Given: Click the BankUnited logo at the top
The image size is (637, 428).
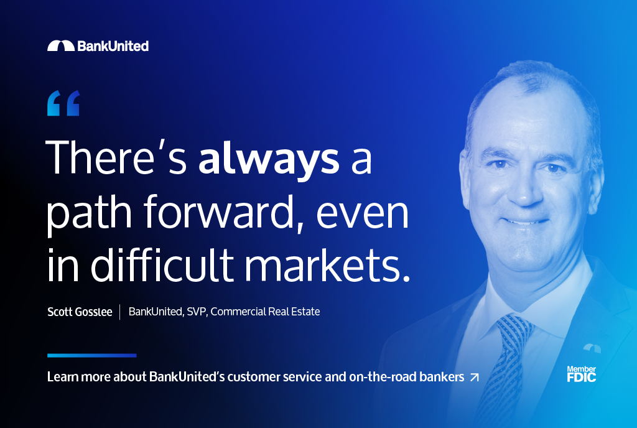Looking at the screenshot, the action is click(x=98, y=46).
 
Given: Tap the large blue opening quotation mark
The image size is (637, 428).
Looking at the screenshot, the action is click(x=63, y=103).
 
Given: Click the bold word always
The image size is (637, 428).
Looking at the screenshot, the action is click(x=269, y=160).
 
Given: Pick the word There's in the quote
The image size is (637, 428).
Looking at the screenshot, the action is click(x=116, y=157).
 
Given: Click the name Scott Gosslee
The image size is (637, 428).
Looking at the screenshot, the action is click(x=80, y=312).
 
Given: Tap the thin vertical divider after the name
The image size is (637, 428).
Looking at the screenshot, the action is click(x=120, y=312).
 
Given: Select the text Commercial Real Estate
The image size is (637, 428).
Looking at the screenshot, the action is click(x=265, y=312).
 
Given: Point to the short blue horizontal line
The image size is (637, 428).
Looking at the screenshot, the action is click(x=92, y=355).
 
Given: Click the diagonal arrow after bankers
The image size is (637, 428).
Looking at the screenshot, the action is click(x=474, y=377).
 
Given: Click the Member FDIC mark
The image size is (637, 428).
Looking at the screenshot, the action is click(x=582, y=374).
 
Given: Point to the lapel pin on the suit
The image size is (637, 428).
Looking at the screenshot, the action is click(x=592, y=348).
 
